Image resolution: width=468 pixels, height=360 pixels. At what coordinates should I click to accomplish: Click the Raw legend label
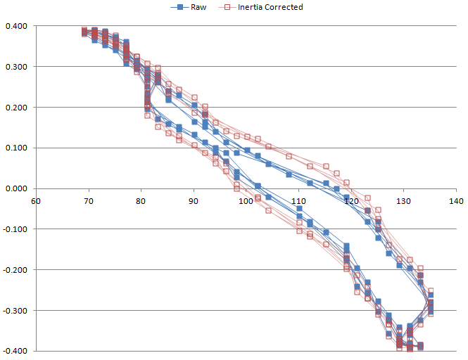coord(200,7)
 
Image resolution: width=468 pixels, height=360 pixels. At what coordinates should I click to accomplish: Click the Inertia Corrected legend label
coord(270,7)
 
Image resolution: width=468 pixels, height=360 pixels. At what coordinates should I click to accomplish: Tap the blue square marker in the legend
coord(181,7)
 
